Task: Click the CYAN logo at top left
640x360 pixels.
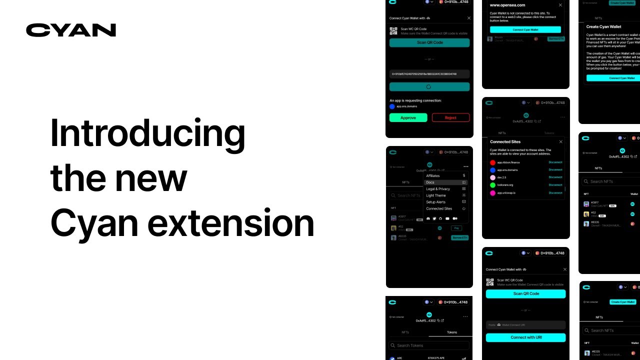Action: click(71, 30)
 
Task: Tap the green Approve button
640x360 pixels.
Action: click(408, 118)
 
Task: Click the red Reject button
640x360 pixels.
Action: click(450, 118)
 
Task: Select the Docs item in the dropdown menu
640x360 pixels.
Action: click(430, 182)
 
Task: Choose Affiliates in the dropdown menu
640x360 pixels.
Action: click(433, 176)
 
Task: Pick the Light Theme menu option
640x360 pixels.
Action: click(436, 195)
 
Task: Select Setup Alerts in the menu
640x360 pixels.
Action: click(436, 202)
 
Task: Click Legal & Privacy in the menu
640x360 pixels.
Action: click(438, 189)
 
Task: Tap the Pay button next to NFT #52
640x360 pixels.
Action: click(456, 228)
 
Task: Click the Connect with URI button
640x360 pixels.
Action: click(525, 337)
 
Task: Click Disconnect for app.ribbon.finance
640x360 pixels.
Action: click(555, 162)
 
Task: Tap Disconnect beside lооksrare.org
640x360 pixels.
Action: click(555, 185)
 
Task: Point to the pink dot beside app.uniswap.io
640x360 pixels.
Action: click(492, 193)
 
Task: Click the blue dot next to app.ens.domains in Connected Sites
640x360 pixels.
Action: click(492, 170)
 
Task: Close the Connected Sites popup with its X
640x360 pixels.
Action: click(560, 142)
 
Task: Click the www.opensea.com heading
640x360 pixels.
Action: click(507, 5)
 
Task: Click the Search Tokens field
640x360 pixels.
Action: click(429, 345)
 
